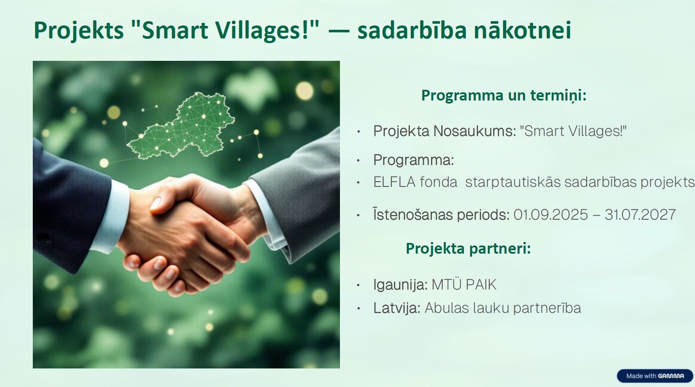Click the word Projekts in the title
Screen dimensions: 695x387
pyautogui.click(x=79, y=30)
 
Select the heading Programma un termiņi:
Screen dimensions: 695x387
pyautogui.click(x=504, y=95)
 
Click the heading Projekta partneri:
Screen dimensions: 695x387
pyautogui.click(x=468, y=248)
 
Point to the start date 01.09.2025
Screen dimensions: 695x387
pyautogui.click(x=551, y=215)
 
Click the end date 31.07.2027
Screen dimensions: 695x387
pyautogui.click(x=640, y=215)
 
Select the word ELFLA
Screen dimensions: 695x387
pyautogui.click(x=394, y=182)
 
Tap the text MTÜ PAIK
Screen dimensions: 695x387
pyautogui.click(x=464, y=285)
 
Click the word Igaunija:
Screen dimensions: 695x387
pyautogui.click(x=400, y=285)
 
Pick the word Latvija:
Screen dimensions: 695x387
pyautogui.click(x=397, y=308)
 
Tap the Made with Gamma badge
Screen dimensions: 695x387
pyautogui.click(x=655, y=376)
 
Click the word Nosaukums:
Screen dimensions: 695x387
pyautogui.click(x=475, y=131)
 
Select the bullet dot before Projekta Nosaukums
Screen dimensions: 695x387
pyautogui.click(x=359, y=132)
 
